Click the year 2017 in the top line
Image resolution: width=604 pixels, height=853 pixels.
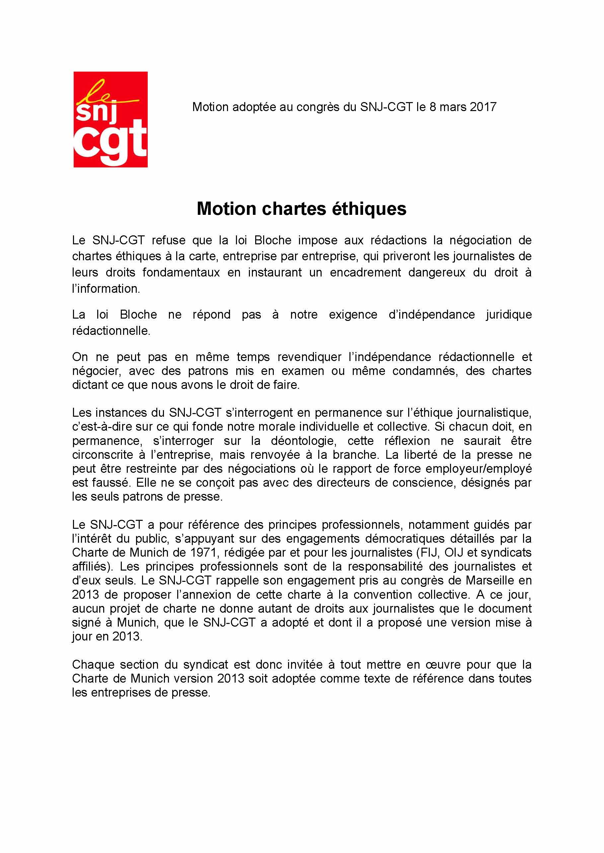[x=483, y=107]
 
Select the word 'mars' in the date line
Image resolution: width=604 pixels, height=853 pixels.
[x=453, y=107]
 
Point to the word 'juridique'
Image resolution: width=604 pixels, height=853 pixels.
[x=509, y=314]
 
